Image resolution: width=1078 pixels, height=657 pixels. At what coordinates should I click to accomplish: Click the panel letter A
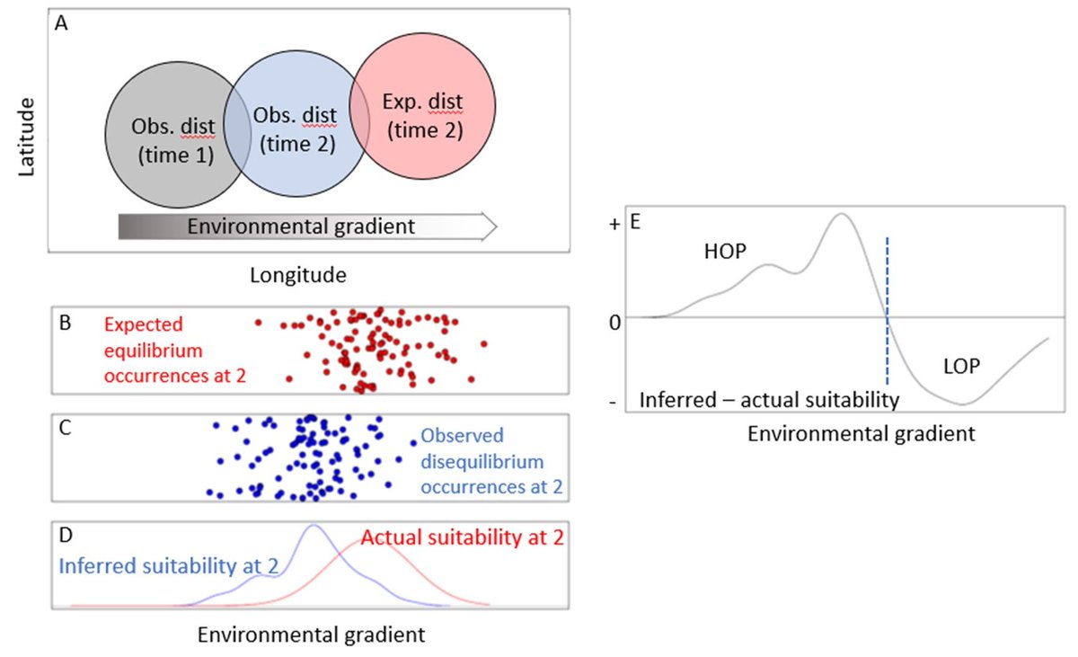coord(61,24)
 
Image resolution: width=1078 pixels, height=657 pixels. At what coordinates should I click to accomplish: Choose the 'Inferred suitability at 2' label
coord(168,566)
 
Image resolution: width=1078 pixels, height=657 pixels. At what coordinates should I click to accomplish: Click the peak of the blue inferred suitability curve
coord(313,526)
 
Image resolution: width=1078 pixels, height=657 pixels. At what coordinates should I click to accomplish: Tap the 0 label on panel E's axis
coord(614,321)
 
